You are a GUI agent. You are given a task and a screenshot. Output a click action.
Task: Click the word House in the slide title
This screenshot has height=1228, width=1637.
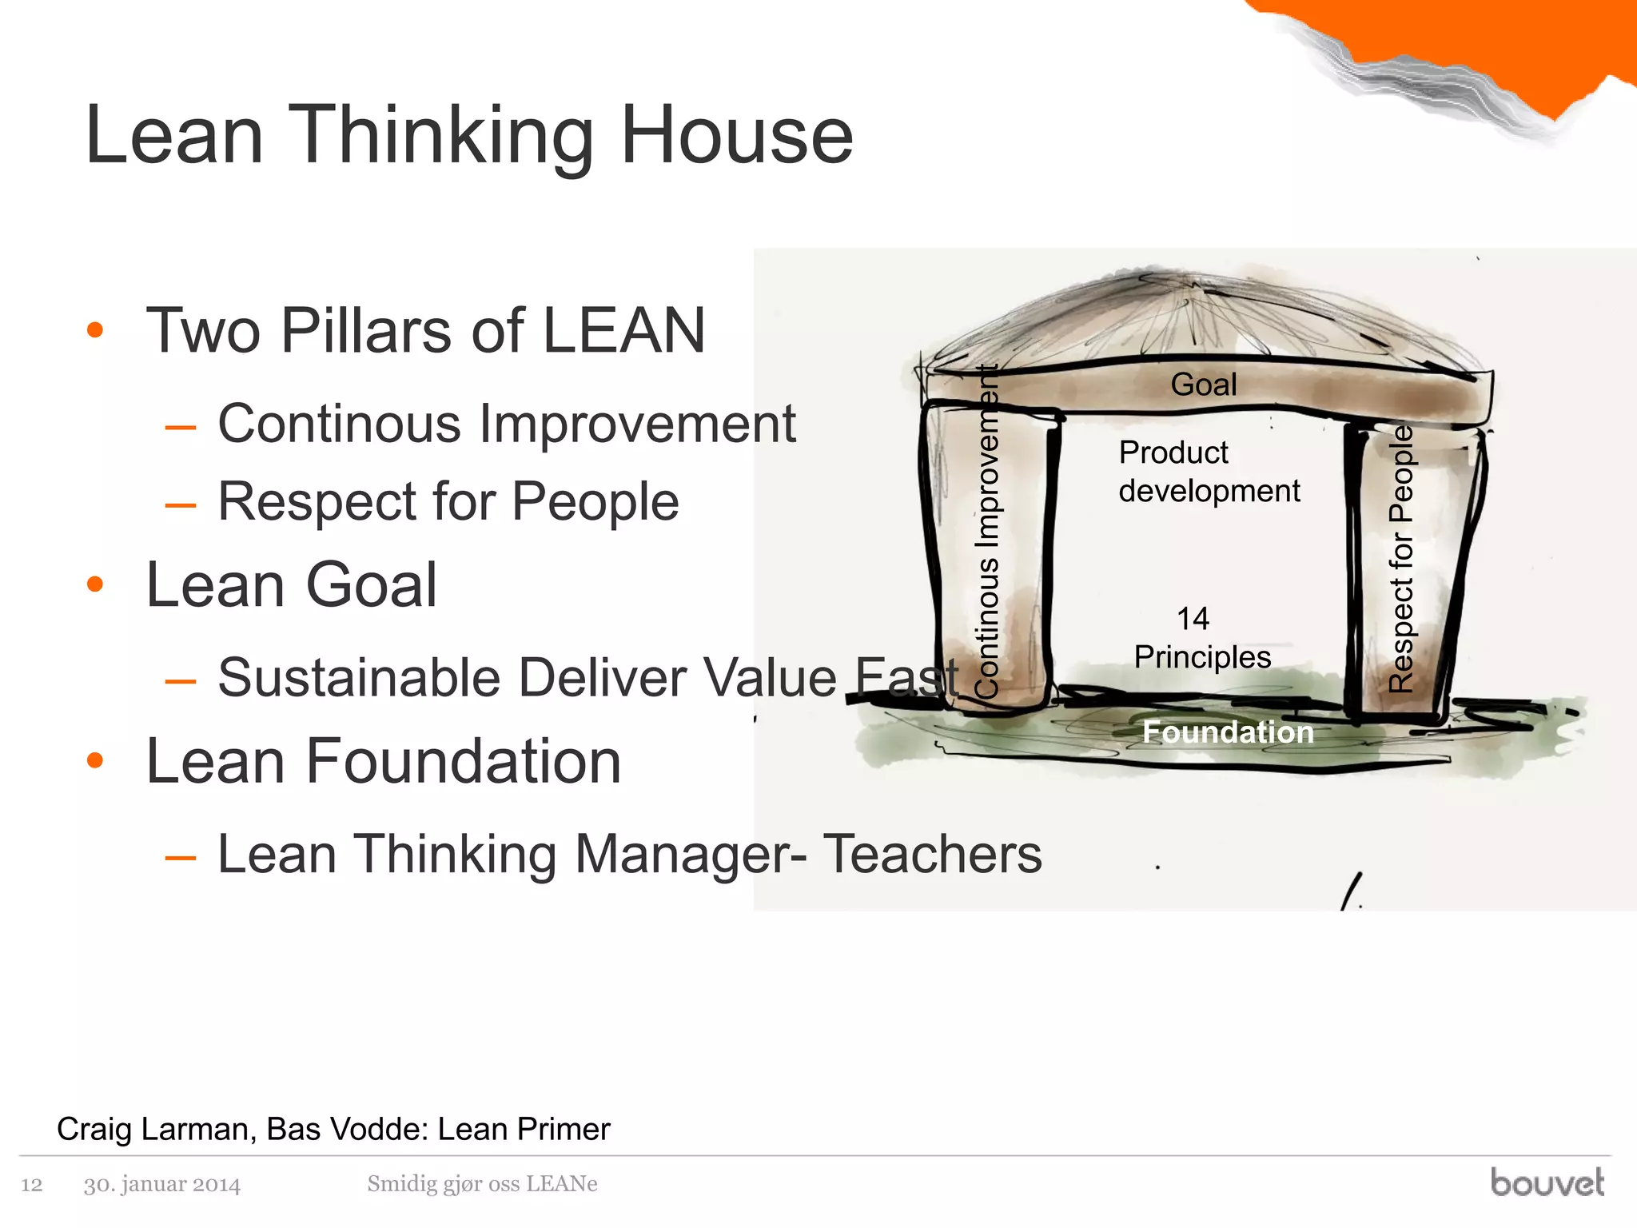(x=736, y=136)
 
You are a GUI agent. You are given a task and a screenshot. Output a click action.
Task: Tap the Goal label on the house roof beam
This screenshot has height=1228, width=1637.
(x=1204, y=385)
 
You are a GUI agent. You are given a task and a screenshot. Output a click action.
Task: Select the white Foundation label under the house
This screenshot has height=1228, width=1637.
(x=1228, y=732)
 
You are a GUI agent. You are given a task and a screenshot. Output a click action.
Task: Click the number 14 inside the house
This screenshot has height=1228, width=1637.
(x=1193, y=618)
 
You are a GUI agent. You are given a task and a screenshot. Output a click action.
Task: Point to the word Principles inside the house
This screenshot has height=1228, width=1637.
(x=1202, y=657)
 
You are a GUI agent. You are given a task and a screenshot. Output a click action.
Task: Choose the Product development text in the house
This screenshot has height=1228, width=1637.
(x=1209, y=472)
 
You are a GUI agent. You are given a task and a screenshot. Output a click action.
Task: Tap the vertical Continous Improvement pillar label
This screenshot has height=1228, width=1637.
(x=988, y=532)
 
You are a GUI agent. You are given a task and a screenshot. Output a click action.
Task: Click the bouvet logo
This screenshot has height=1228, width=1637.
(x=1547, y=1182)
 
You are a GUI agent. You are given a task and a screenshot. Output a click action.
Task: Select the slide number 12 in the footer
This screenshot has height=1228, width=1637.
(x=31, y=1184)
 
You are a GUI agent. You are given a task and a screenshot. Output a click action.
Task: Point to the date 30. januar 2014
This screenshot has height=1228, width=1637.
(x=162, y=1184)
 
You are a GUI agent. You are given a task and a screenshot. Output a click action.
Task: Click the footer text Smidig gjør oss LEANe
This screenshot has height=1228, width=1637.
(x=482, y=1183)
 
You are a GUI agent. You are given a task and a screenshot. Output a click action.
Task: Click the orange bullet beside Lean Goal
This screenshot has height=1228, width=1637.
(x=95, y=584)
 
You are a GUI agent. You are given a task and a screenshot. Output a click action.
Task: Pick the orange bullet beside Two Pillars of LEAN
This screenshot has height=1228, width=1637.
(x=95, y=330)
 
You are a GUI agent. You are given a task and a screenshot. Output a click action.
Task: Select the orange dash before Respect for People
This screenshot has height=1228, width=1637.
(x=181, y=504)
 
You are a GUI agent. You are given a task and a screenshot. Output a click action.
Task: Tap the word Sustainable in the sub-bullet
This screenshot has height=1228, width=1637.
(x=359, y=678)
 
